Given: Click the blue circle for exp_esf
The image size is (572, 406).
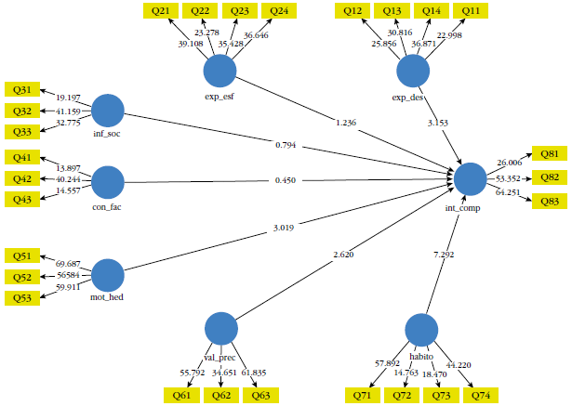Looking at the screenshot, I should (x=219, y=71).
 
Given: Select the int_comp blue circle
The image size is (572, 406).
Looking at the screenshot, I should (x=471, y=177).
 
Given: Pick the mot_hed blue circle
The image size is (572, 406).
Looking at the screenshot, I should (x=108, y=275).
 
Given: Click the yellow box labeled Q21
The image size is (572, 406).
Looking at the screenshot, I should (x=160, y=10).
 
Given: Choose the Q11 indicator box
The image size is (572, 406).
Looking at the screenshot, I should (x=472, y=10).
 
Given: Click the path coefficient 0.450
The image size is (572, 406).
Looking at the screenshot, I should (x=285, y=180).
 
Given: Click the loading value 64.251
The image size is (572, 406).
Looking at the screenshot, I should (x=508, y=192).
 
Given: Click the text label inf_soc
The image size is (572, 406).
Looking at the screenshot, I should (x=108, y=134).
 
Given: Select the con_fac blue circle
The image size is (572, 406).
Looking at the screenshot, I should (x=108, y=182).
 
